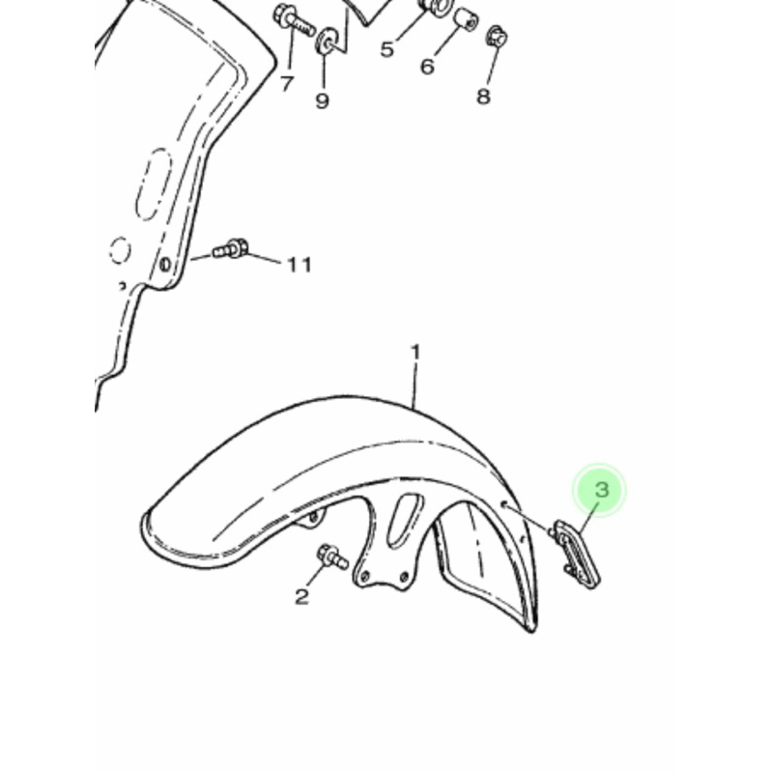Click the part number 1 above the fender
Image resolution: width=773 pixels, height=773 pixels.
tap(415, 353)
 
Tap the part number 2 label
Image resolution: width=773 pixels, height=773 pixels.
tap(301, 596)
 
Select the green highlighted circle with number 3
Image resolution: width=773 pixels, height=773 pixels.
tap(598, 491)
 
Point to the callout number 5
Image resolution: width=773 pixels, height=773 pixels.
tap(387, 49)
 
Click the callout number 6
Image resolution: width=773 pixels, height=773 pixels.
tap(427, 66)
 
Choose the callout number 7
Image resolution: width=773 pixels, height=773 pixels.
tap(287, 84)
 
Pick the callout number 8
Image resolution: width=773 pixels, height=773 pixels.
tap(483, 96)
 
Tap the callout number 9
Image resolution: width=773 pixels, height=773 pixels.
tap(322, 100)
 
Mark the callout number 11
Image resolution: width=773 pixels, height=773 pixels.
tap(300, 265)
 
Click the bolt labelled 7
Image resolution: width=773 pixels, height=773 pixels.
tap(293, 19)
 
